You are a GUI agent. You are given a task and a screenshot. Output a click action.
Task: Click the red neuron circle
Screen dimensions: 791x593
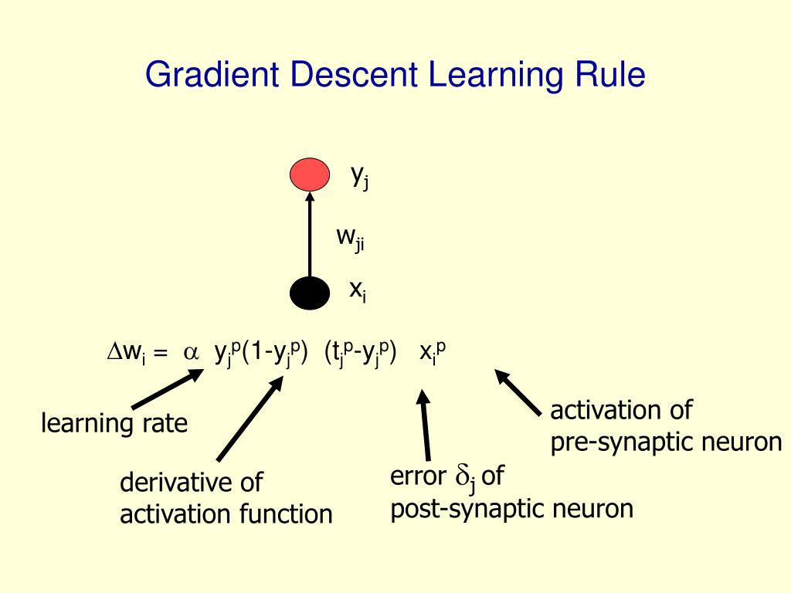point(309,175)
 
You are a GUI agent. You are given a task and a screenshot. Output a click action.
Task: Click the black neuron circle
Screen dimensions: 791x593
point(309,293)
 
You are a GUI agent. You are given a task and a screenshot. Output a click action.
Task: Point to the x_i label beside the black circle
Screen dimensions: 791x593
point(357,290)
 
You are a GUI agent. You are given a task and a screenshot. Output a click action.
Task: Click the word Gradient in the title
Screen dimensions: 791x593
point(215,76)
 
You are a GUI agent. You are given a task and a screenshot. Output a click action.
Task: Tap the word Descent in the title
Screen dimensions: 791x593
point(355,76)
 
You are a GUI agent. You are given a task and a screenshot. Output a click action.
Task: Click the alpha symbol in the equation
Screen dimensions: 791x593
point(190,353)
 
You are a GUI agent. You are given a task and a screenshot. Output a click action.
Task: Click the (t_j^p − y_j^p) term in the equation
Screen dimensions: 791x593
point(360,352)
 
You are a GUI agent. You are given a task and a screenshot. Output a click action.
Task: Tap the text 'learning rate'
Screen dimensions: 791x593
point(114,423)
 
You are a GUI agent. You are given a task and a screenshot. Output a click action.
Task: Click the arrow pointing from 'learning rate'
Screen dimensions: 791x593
point(167,389)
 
